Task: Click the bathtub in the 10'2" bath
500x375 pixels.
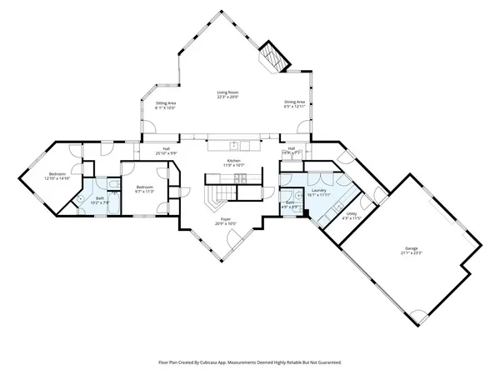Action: (x=83, y=199)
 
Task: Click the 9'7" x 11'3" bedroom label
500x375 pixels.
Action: (x=145, y=188)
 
